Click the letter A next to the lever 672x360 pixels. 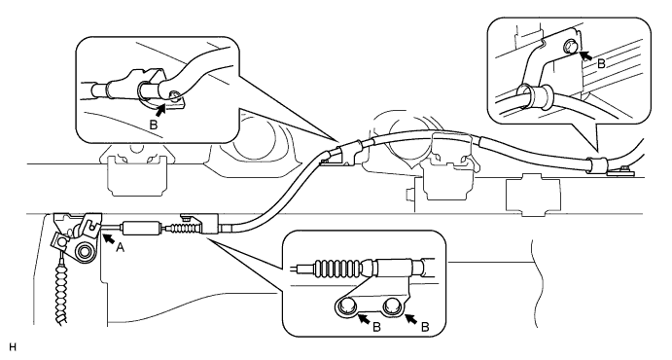120,247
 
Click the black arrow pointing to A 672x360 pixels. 108,237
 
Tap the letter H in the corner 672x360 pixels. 13,347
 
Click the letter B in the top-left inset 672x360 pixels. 153,126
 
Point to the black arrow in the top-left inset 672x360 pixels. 161,110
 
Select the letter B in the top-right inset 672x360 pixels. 601,64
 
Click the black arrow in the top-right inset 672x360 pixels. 585,55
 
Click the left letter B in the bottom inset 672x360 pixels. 376,328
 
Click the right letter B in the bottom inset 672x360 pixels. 425,328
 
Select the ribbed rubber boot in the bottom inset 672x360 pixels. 339,268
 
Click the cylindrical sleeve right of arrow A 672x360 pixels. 142,228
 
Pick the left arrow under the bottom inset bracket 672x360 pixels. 364,319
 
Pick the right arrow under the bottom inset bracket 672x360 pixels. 411,319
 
